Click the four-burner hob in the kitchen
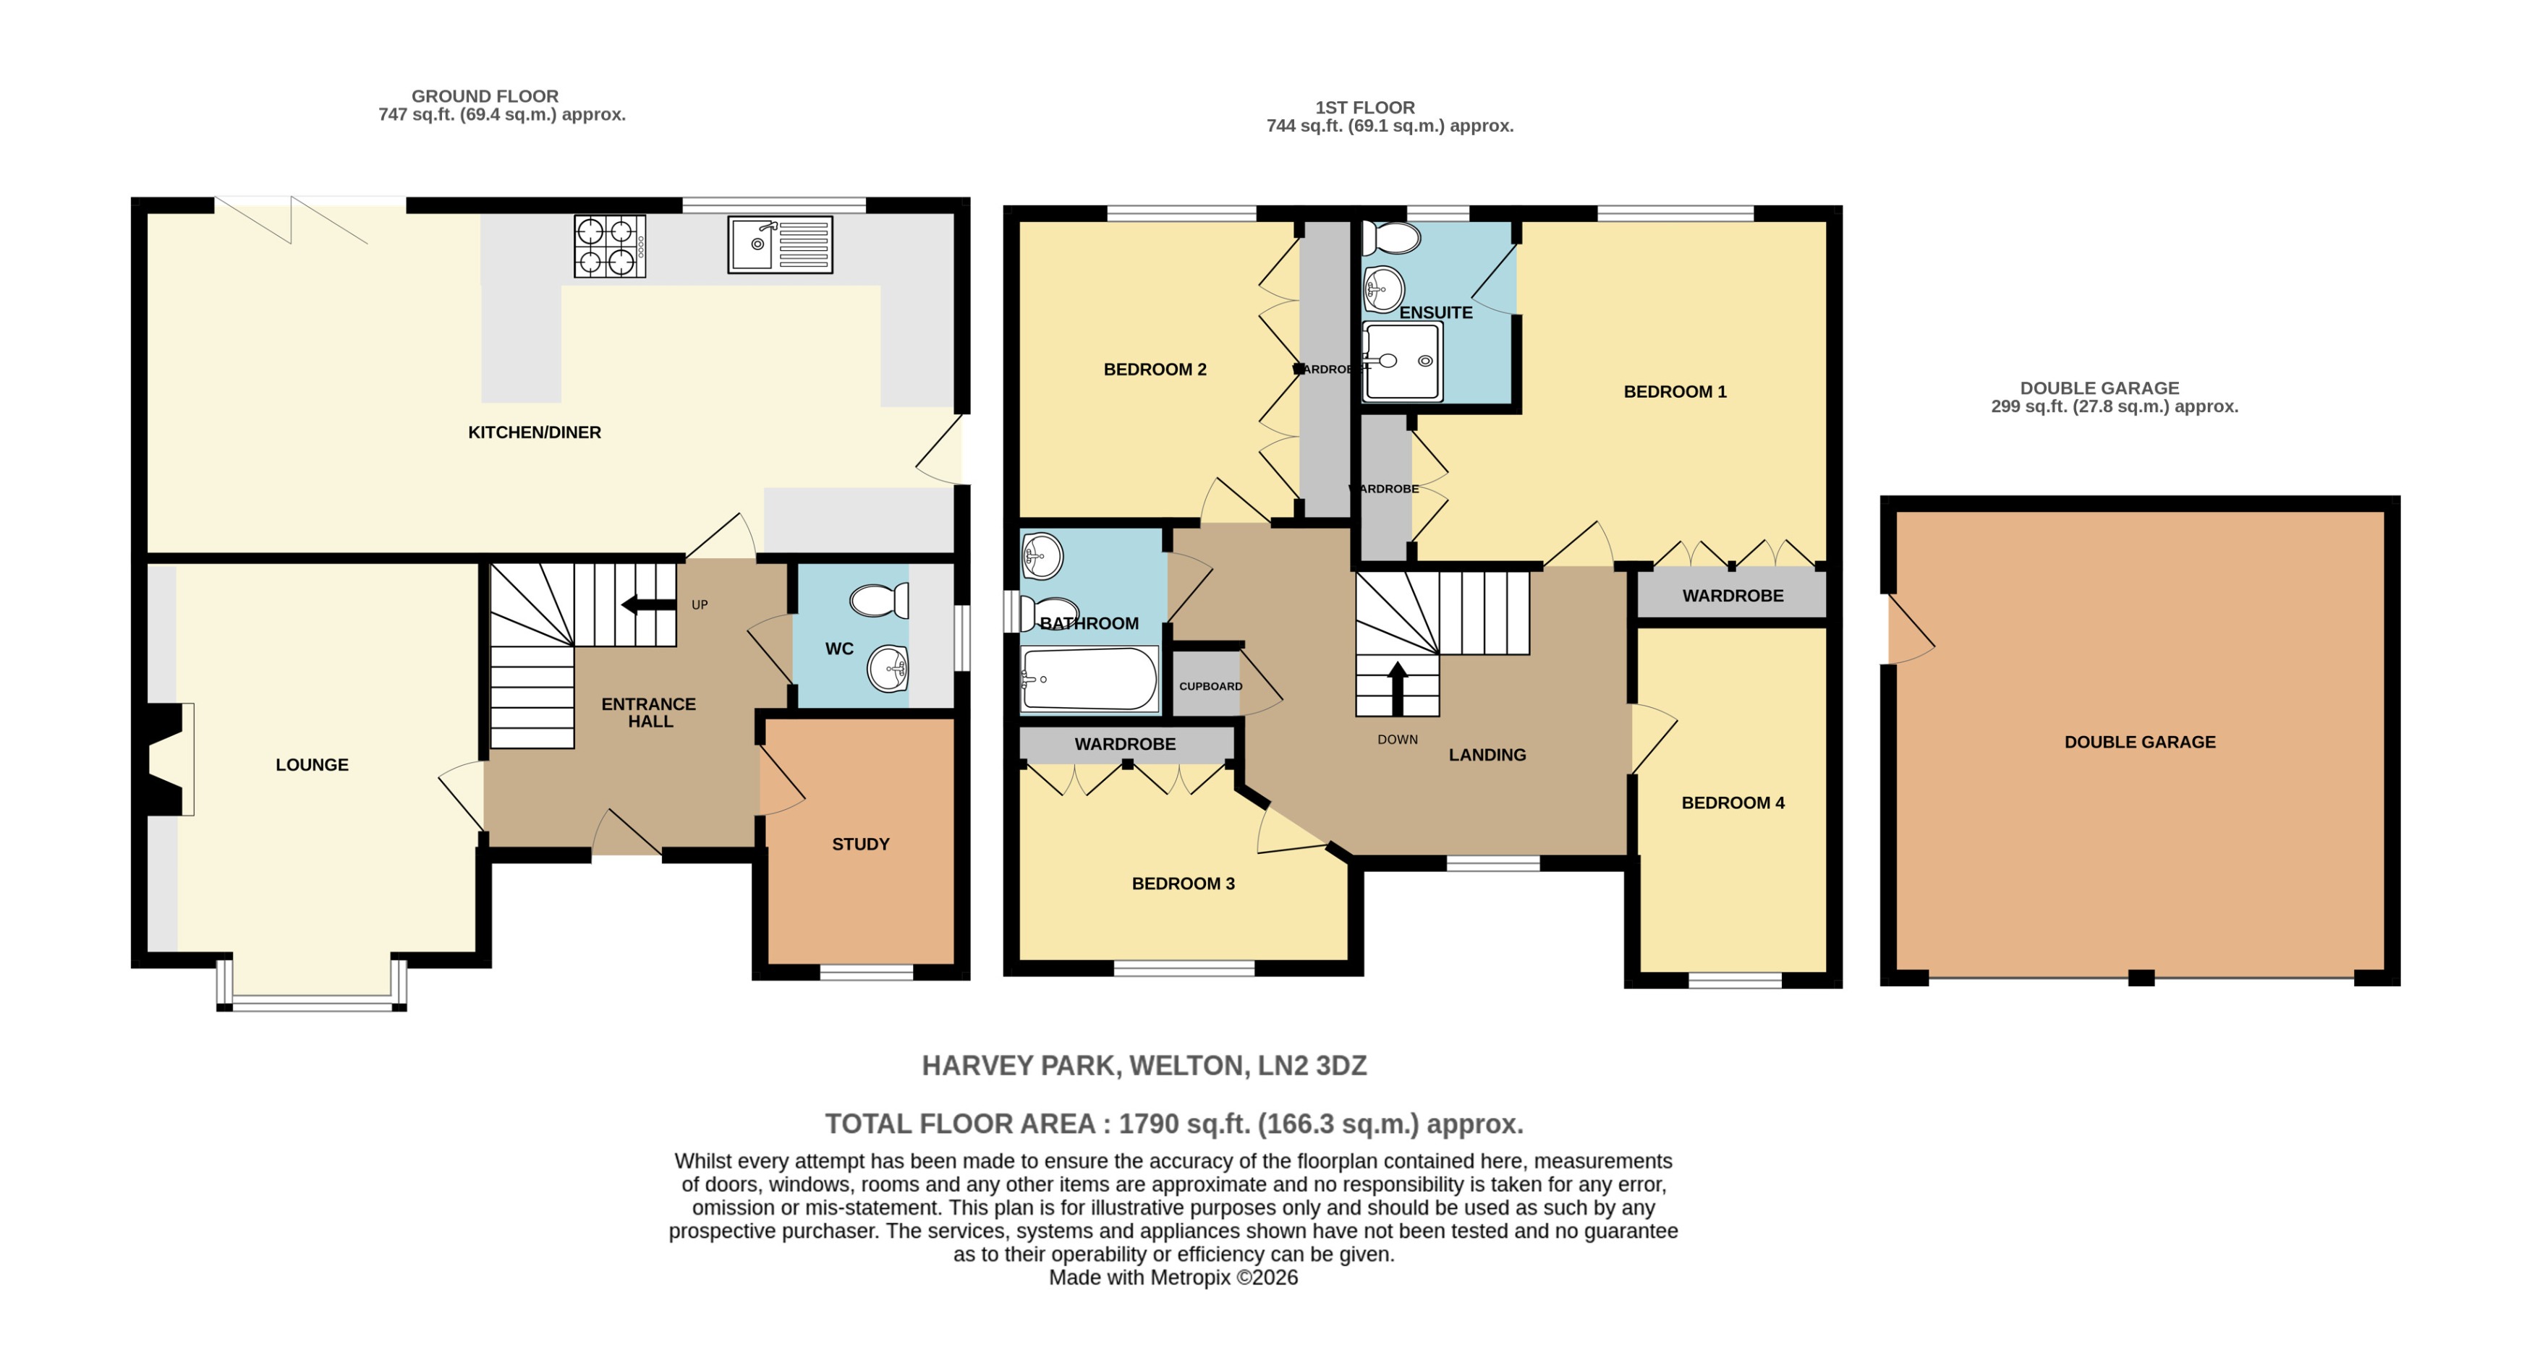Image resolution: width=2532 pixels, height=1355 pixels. pyautogui.click(x=609, y=246)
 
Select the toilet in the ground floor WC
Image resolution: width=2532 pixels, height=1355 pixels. pyautogui.click(x=879, y=599)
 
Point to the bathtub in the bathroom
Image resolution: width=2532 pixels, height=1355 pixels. pyautogui.click(x=1089, y=678)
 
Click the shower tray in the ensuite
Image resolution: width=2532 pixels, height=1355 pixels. pyautogui.click(x=1403, y=362)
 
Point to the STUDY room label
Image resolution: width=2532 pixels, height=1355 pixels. pyautogui.click(x=860, y=844)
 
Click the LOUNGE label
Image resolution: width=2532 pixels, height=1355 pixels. pyautogui.click(x=312, y=764)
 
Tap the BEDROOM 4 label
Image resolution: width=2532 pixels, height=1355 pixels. pyautogui.click(x=1732, y=803)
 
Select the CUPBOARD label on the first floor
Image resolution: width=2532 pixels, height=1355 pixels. pyautogui.click(x=1210, y=686)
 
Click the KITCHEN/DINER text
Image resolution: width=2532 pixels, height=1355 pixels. pyautogui.click(x=534, y=432)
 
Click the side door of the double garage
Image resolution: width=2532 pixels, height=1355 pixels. pyautogui.click(x=1909, y=630)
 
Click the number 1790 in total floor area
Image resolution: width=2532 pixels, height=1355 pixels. pyautogui.click(x=1148, y=1124)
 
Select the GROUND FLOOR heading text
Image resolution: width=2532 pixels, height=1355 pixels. pyautogui.click(x=485, y=96)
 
